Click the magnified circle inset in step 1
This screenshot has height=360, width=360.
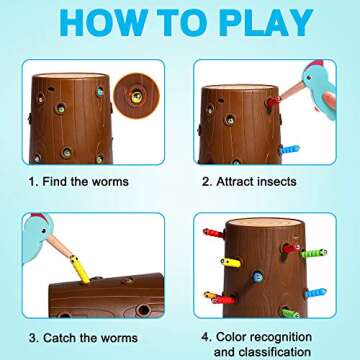pyautogui.click(x=136, y=96)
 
